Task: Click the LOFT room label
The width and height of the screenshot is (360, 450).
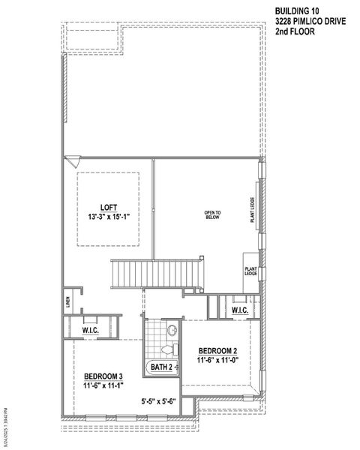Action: point(108,207)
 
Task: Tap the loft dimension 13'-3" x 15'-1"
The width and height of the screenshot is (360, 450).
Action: point(108,217)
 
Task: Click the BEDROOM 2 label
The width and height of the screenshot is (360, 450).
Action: point(218,350)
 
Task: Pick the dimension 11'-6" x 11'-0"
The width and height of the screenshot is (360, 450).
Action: point(218,361)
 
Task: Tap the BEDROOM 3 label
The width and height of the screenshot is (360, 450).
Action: point(103,375)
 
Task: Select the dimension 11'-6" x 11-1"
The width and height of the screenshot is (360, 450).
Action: point(103,385)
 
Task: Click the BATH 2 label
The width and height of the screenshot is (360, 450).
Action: point(162,367)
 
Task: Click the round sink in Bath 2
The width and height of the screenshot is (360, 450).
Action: point(172,328)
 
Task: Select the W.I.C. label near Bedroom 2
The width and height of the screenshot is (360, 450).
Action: point(240,310)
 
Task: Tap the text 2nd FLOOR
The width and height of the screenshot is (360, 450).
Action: point(293,34)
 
